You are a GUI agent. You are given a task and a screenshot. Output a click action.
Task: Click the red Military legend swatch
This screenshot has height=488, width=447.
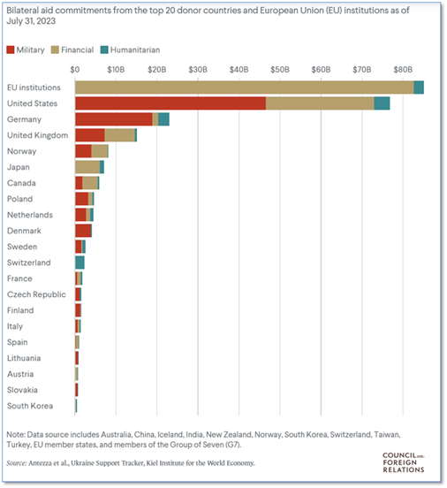11,50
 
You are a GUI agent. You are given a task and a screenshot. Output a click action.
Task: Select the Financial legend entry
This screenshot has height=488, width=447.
72,50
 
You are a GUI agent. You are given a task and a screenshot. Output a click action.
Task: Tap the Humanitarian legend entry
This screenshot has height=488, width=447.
131,50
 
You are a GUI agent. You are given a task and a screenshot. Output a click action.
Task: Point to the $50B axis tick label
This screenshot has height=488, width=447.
280,70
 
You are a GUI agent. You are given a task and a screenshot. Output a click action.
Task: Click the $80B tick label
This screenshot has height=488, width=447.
403,70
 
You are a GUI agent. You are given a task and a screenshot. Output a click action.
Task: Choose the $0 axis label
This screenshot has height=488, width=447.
75,70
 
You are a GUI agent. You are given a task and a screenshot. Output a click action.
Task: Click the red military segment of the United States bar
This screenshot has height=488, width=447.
170,103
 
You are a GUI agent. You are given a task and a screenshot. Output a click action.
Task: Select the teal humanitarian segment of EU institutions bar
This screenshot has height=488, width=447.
419,88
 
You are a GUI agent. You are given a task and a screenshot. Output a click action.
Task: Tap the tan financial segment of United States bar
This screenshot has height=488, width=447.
320,103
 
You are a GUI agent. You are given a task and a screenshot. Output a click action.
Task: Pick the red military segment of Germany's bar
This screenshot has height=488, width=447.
114,119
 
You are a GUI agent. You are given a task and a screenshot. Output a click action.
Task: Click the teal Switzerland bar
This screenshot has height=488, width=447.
80,263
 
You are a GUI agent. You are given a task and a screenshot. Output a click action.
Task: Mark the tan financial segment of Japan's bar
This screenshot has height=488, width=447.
87,167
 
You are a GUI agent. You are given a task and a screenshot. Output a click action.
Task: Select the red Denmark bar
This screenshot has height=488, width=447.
83,231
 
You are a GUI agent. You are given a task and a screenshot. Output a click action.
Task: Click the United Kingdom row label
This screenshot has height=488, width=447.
38,135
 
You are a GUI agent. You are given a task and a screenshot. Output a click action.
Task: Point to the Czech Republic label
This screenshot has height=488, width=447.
36,294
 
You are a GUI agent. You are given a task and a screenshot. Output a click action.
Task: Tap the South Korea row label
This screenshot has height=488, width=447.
30,406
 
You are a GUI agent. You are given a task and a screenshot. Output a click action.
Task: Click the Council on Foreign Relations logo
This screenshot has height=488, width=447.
404,462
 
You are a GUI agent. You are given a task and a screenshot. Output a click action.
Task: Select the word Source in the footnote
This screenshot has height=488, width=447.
17,463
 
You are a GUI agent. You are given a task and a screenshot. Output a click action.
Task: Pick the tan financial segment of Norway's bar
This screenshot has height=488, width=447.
100,151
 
